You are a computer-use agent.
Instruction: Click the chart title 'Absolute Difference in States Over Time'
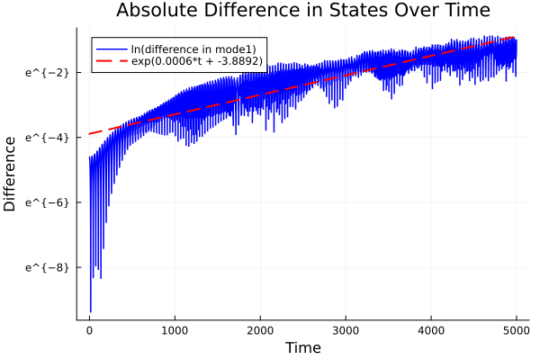pyautogui.click(x=303, y=12)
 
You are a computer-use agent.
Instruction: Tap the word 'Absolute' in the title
pyautogui.click(x=156, y=12)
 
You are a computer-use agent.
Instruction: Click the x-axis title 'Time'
pyautogui.click(x=302, y=347)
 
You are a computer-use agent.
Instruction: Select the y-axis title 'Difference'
pyautogui.click(x=11, y=173)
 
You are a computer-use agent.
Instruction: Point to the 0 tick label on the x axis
pyautogui.click(x=89, y=329)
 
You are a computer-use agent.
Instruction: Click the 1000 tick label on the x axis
pyautogui.click(x=175, y=329)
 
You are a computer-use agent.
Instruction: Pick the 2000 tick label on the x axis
pyautogui.click(x=260, y=329)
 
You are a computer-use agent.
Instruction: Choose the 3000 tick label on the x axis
pyautogui.click(x=346, y=329)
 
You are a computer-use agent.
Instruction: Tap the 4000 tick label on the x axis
pyautogui.click(x=431, y=329)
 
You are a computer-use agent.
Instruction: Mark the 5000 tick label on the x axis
pyautogui.click(x=516, y=329)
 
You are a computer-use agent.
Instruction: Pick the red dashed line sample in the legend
pyautogui.click(x=112, y=60)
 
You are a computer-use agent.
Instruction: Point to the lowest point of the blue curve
pyautogui.click(x=90, y=311)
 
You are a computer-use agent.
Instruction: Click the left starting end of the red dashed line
pyautogui.click(x=89, y=134)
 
